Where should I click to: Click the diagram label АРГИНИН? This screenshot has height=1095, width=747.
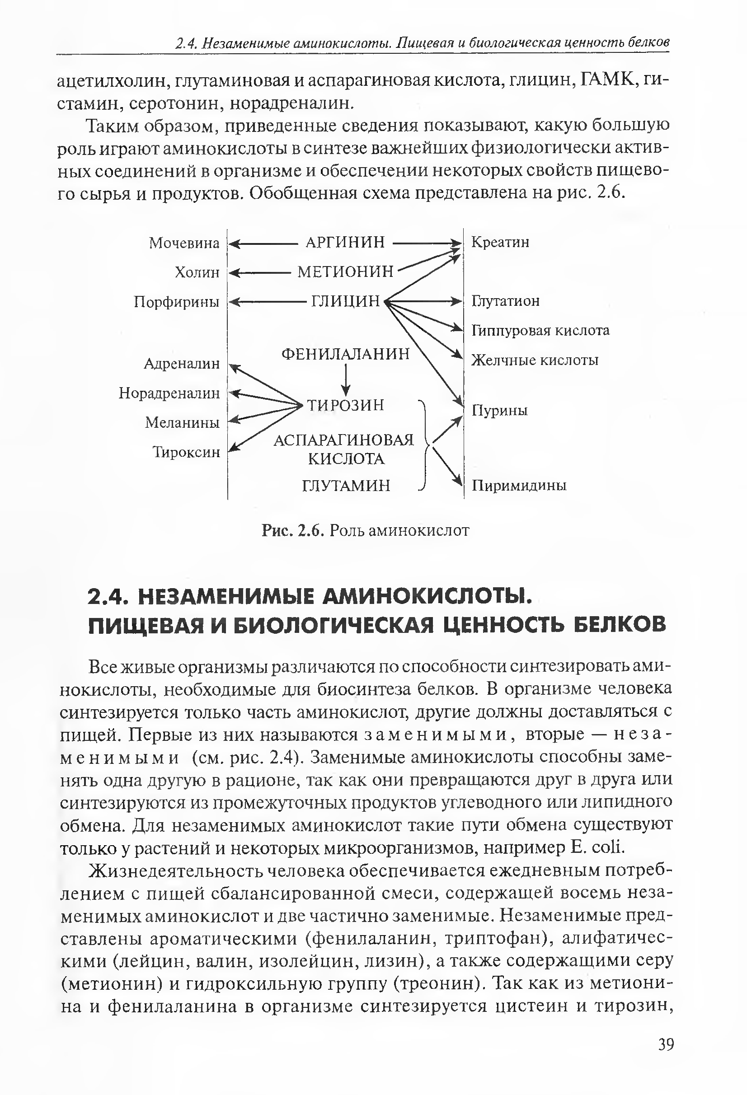tap(345, 242)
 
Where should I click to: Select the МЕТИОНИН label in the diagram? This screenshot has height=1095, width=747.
tap(345, 271)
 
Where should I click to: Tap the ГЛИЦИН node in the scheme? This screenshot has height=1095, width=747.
tap(345, 300)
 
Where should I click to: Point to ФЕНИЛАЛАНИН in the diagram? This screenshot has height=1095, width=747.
tap(345, 354)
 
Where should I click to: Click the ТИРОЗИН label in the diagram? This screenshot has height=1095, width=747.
tap(345, 405)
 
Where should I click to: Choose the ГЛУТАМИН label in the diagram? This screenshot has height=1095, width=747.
tap(346, 485)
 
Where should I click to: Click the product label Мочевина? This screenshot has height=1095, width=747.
tap(184, 243)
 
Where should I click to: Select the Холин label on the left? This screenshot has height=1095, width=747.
tap(197, 272)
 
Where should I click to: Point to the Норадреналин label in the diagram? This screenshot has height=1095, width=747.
tap(169, 393)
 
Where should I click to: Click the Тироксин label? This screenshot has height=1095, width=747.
tap(187, 452)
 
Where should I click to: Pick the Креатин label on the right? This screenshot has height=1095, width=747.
tap(500, 242)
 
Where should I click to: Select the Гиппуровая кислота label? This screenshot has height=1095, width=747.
tap(540, 331)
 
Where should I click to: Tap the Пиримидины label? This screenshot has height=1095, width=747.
tap(519, 485)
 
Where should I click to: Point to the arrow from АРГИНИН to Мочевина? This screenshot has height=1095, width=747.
tap(264, 243)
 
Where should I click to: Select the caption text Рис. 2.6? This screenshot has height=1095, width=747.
tap(293, 531)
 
